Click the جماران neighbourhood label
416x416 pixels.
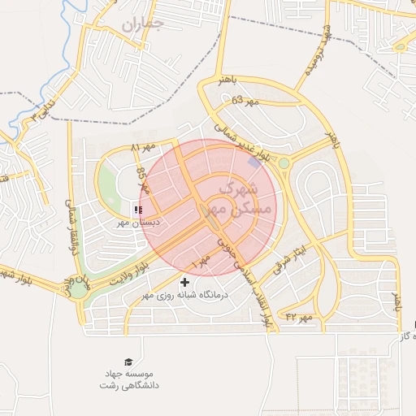143,24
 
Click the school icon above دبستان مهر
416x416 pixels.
136,209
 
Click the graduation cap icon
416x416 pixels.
128,362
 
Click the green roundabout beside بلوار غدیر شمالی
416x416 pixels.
284,163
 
